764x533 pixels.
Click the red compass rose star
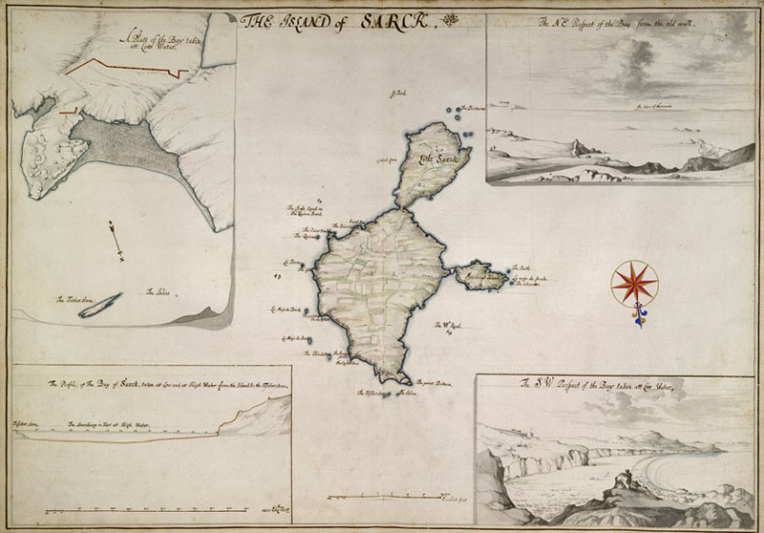[x=631, y=281]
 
